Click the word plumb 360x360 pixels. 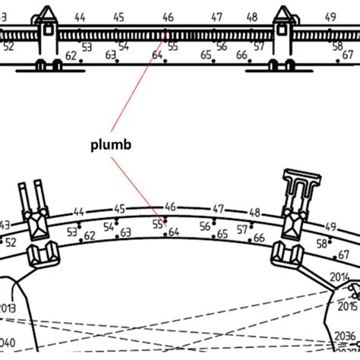[x=107, y=144]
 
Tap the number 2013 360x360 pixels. [x=7, y=308]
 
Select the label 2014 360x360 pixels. [x=340, y=279]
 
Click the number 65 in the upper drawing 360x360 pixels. [x=206, y=55]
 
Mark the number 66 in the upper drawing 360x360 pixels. [x=241, y=55]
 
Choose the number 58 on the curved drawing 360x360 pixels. [x=322, y=243]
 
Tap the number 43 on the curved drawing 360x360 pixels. [x=5, y=225]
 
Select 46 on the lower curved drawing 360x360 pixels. [x=170, y=206]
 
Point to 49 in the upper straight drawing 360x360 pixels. [x=330, y=16]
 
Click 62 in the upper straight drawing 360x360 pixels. [x=71, y=55]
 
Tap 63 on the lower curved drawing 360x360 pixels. [x=125, y=232]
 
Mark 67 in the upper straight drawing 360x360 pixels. [x=347, y=55]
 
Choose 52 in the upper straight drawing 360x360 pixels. [x=9, y=46]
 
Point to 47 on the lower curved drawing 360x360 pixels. [x=218, y=208]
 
